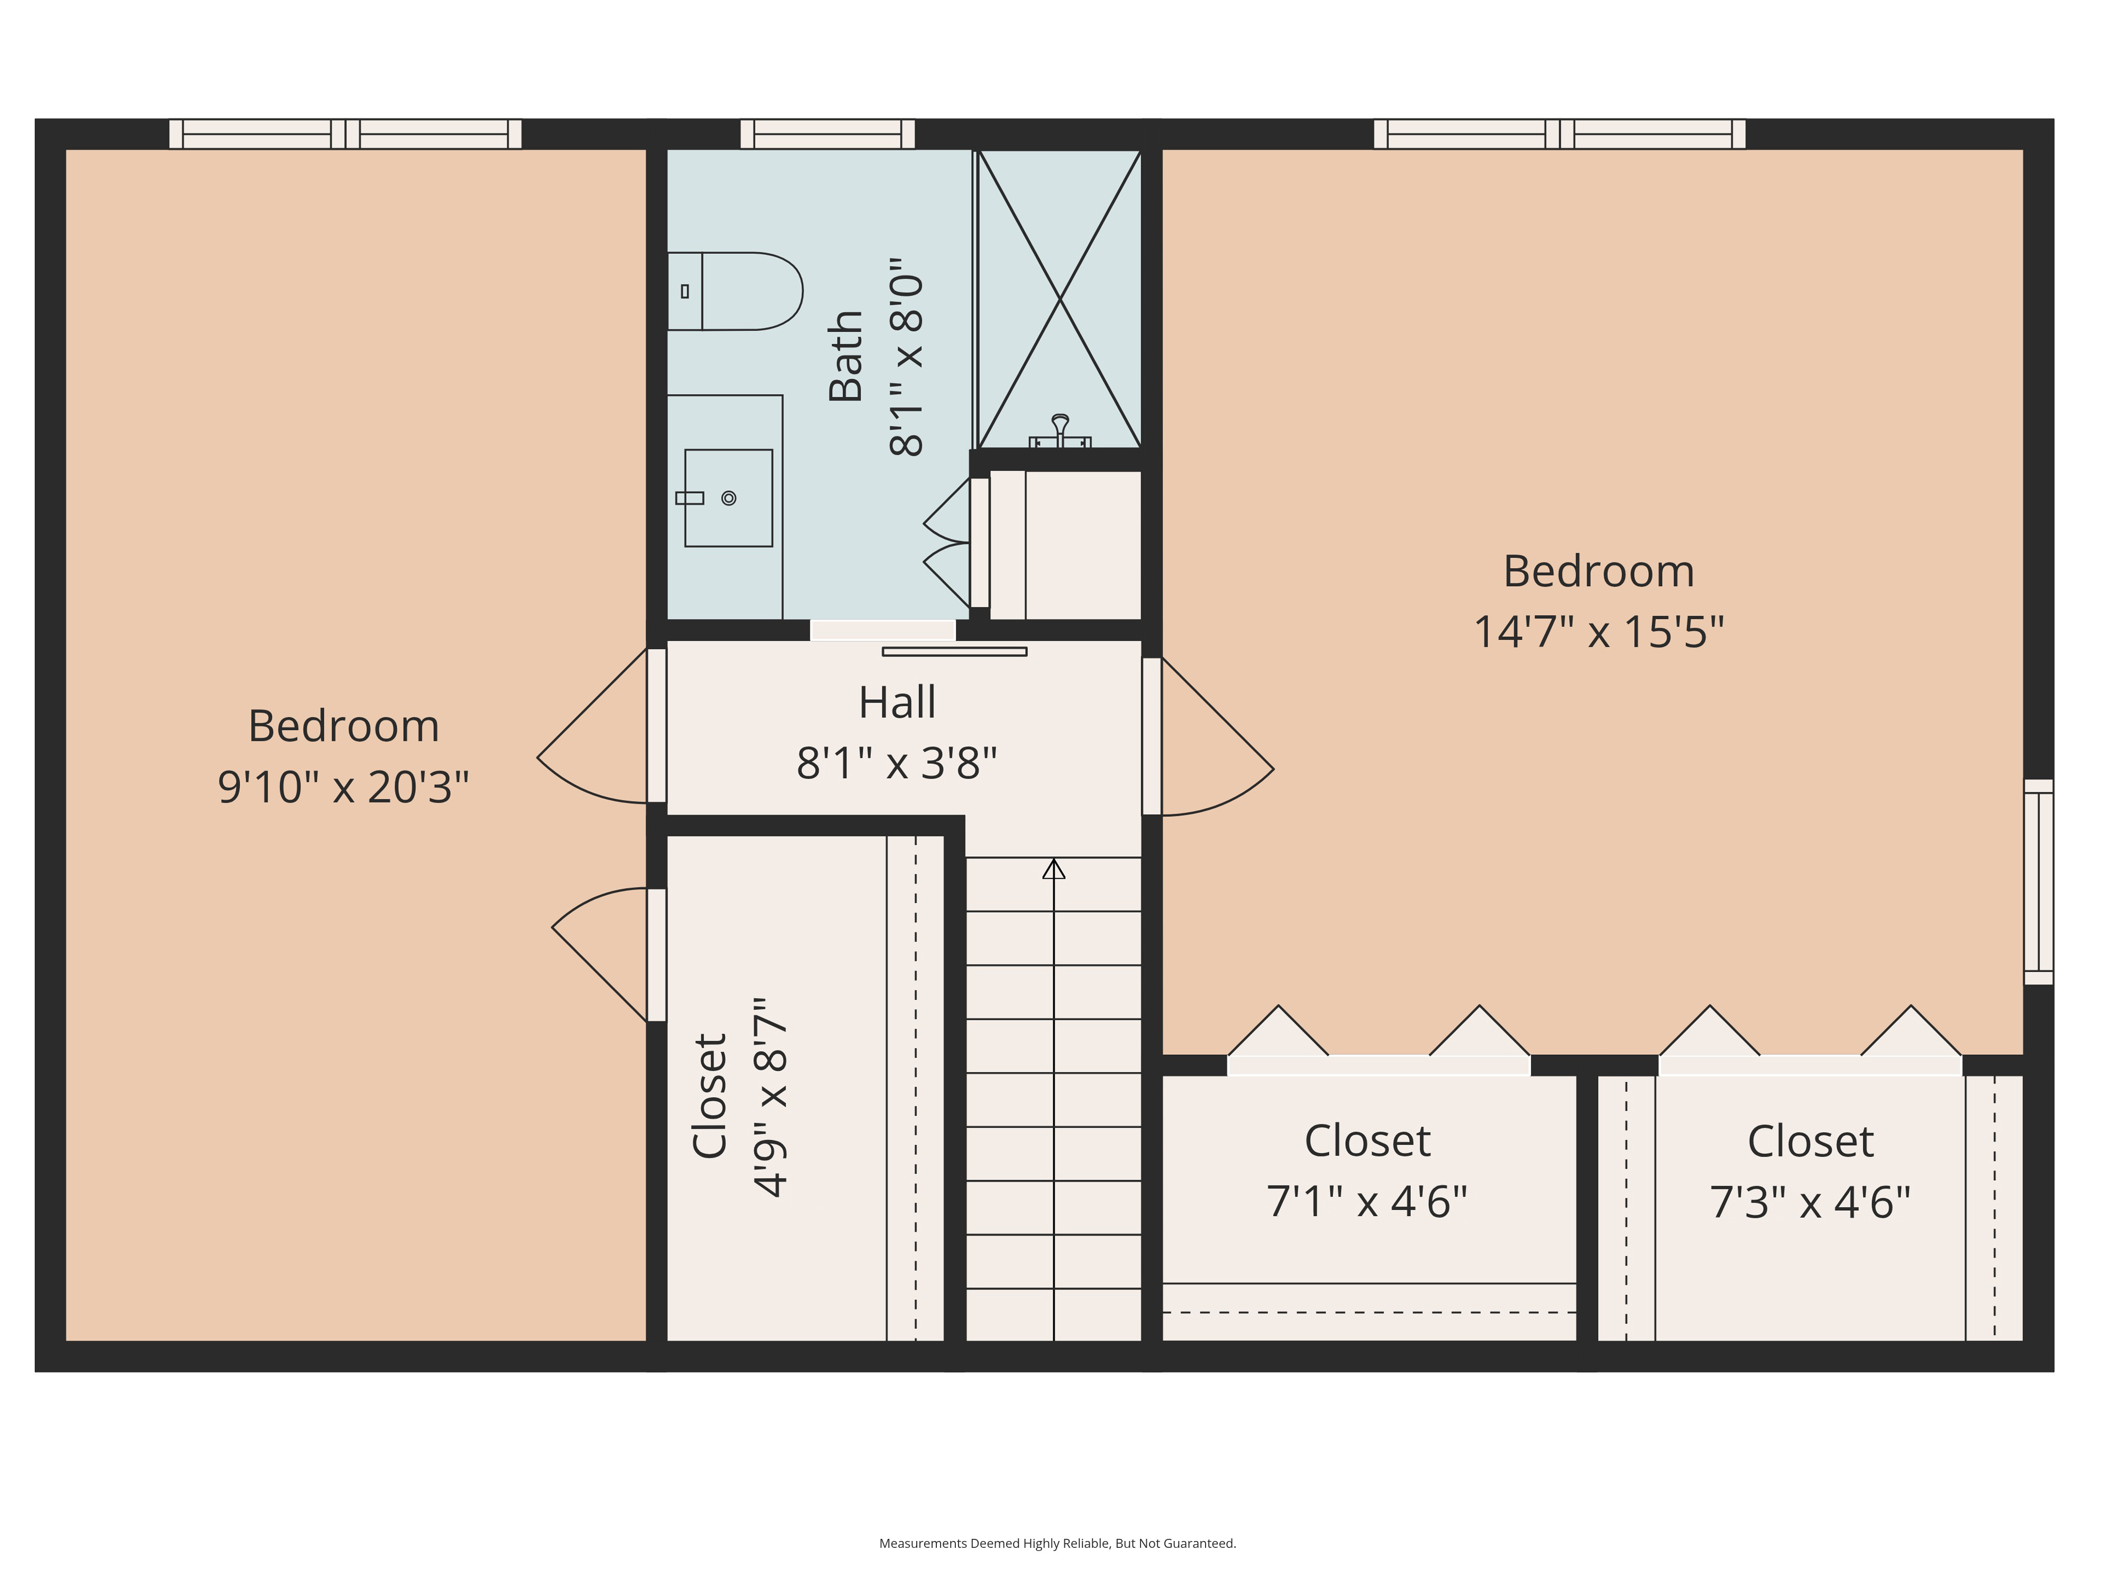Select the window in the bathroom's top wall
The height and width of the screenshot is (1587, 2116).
coord(827,134)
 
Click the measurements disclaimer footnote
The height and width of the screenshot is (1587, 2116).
coord(1057,1543)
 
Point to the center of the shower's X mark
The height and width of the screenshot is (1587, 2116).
coord(1060,299)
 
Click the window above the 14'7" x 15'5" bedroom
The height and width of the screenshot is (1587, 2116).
coord(1559,134)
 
